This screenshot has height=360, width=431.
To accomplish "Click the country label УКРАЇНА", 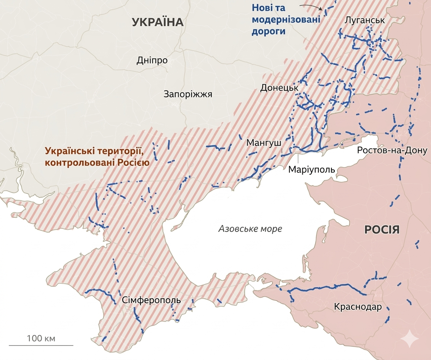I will click(x=158, y=22).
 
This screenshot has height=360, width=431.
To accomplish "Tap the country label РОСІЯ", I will click(x=382, y=230).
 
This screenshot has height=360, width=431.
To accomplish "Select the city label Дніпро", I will click(x=152, y=60).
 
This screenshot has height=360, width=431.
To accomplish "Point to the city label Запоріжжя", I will click(x=187, y=94).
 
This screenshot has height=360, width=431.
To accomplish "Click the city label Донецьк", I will click(x=279, y=88).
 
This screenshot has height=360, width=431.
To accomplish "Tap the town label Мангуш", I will click(x=264, y=143).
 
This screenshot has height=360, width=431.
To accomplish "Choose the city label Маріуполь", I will click(x=312, y=169).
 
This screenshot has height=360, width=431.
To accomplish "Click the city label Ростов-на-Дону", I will click(x=392, y=150).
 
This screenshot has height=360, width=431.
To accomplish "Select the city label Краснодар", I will click(x=357, y=307).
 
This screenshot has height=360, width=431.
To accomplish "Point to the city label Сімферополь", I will click(x=152, y=300).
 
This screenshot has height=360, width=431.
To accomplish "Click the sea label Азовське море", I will click(x=250, y=229).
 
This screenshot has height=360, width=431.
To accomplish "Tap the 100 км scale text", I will click(x=41, y=338).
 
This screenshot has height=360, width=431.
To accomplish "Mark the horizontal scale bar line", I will click(x=41, y=346).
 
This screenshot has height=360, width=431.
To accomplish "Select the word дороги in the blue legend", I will click(x=268, y=32).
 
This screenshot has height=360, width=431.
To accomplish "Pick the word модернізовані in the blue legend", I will click(x=286, y=19).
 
